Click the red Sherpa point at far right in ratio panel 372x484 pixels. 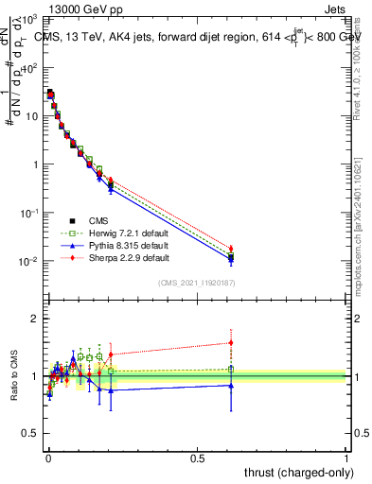click(231, 342)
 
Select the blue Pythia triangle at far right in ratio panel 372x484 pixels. click(231, 385)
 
